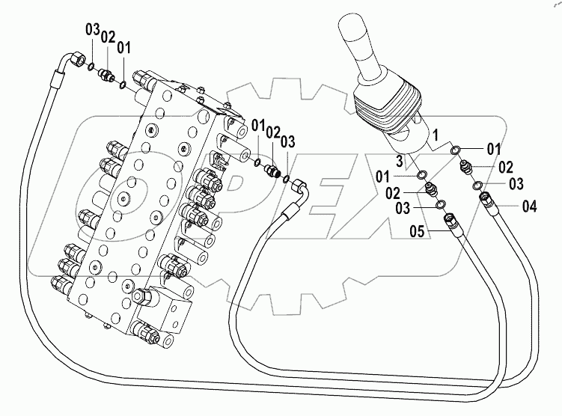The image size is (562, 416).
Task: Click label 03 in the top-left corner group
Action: coord(91,31)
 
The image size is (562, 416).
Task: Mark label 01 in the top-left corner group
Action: coord(123,47)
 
